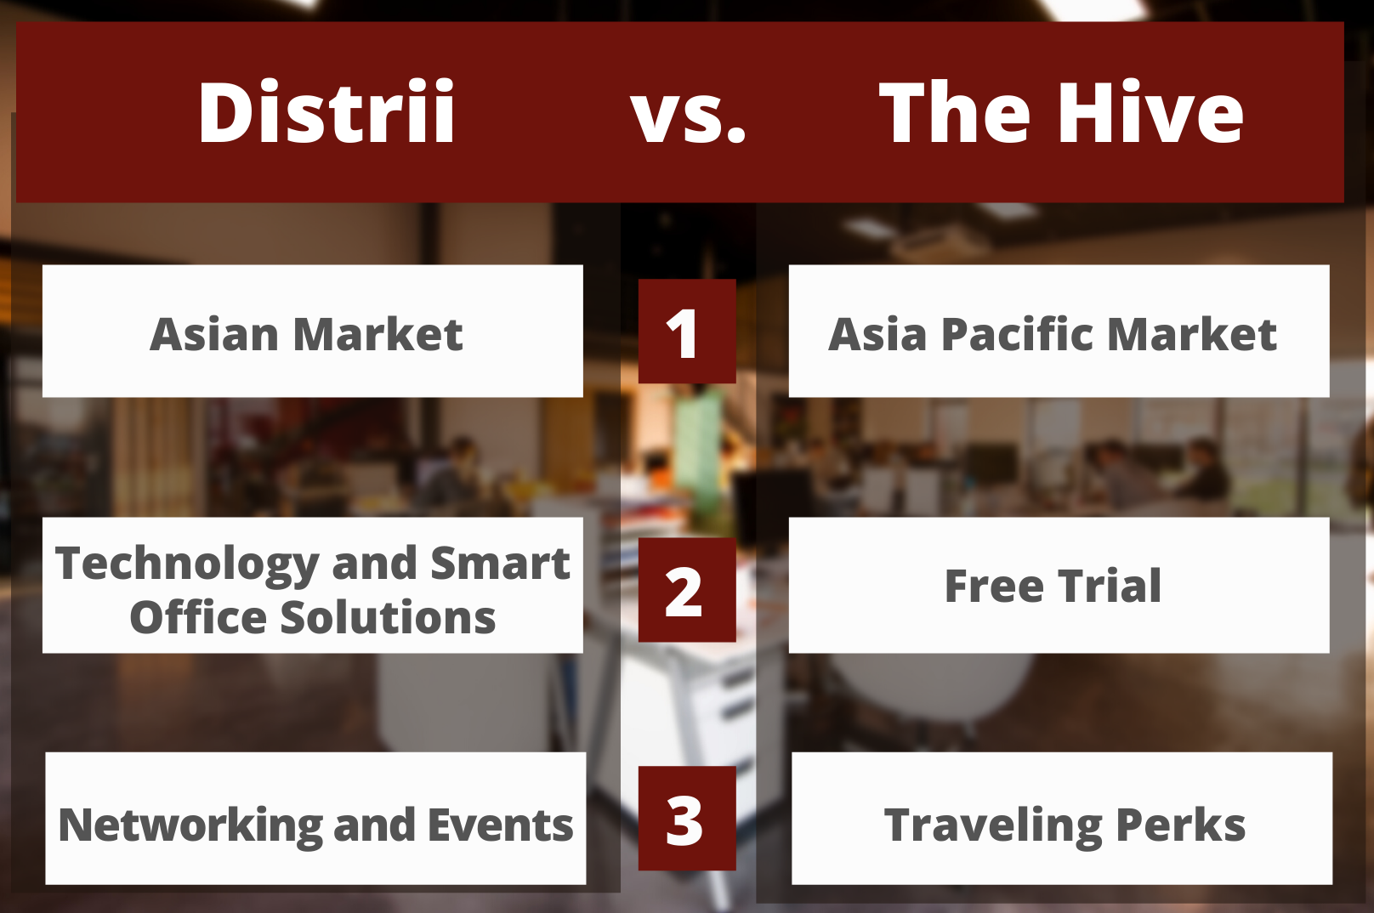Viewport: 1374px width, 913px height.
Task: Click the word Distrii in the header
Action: point(326,111)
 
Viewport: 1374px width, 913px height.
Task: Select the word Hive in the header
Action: point(1149,111)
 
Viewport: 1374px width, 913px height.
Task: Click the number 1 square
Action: point(687,332)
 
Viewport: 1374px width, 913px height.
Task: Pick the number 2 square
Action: point(687,590)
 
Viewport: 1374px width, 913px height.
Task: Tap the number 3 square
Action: point(687,818)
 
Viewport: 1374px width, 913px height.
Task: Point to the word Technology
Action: point(187,565)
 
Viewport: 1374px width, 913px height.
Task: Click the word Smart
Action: point(500,563)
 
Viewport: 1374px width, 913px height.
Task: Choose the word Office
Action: point(198,617)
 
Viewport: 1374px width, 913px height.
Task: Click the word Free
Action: point(994,586)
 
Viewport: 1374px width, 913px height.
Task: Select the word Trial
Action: point(1109,586)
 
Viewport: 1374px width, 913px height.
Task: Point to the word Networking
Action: point(190,827)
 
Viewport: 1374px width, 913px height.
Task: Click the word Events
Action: point(501,825)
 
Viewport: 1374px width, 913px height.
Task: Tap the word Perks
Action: point(1181,825)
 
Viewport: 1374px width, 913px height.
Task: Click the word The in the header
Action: point(955,111)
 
